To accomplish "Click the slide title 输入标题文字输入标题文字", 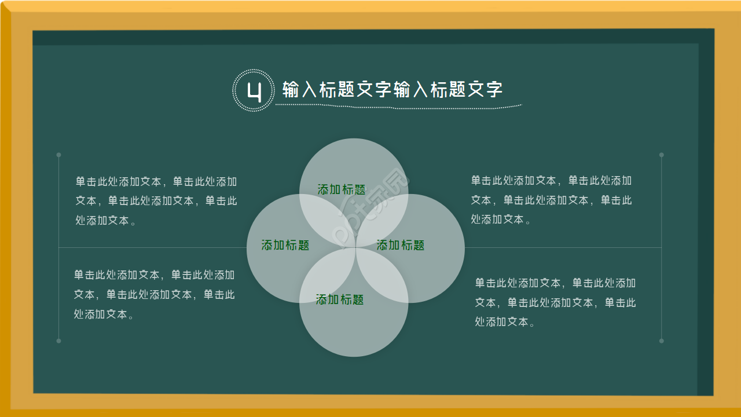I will click(392, 90).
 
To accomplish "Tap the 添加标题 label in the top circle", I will click(342, 189).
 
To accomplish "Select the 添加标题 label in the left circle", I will click(285, 245).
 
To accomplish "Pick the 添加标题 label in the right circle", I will click(401, 245).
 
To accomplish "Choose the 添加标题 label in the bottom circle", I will click(340, 299).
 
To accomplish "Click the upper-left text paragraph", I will click(156, 201).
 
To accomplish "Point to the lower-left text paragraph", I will click(155, 294).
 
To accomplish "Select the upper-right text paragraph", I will click(552, 200).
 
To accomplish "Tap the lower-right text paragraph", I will click(556, 302).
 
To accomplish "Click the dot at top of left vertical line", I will click(58, 155).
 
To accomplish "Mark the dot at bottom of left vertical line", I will click(58, 341).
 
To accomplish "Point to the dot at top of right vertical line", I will click(662, 155).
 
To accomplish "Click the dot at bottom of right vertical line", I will click(662, 341).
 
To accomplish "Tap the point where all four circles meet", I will click(354, 248).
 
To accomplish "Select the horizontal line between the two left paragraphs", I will click(151, 248).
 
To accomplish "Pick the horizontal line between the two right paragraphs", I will click(562, 248).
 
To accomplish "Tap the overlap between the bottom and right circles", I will click(383, 277).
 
